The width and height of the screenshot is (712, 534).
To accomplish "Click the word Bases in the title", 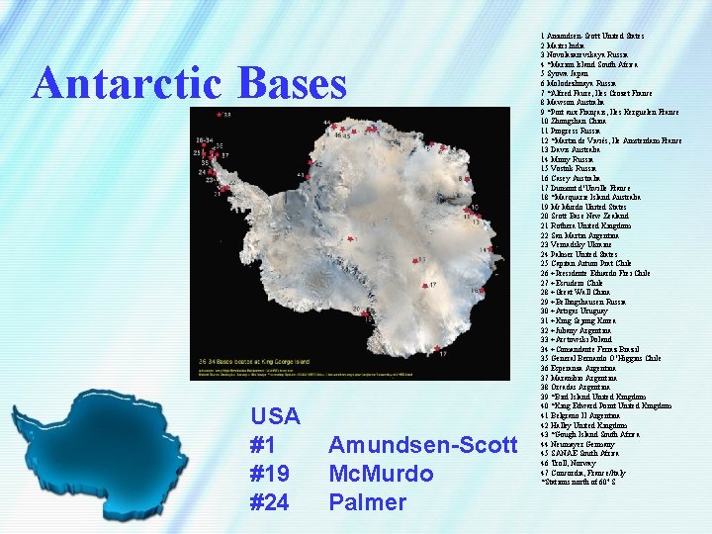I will (x=288, y=84).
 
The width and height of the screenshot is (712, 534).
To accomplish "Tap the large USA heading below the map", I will (x=276, y=416).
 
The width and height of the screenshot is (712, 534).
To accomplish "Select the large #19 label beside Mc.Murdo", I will (x=270, y=474).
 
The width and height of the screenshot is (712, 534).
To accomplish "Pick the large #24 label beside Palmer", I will (x=270, y=502).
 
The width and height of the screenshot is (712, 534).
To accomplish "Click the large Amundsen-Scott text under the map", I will (x=422, y=445).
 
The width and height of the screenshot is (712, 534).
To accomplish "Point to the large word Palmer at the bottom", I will (x=367, y=502).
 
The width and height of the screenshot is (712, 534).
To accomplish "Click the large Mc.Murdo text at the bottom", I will (x=381, y=474).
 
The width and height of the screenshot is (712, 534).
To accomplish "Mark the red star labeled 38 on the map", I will (x=220, y=115).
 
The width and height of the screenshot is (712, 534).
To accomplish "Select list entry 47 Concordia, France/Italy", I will (x=594, y=472).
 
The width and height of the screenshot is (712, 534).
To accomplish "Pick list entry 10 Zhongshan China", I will (x=582, y=120).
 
